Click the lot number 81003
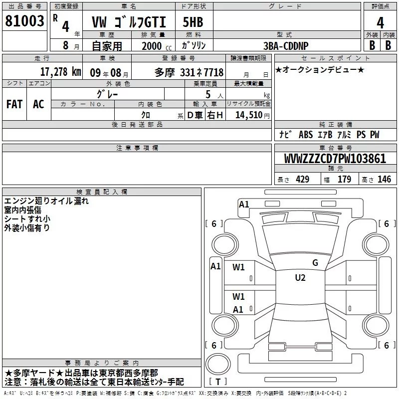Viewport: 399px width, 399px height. tap(24, 21)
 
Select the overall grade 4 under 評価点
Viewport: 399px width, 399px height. tap(380, 22)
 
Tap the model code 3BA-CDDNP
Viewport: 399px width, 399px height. tap(286, 46)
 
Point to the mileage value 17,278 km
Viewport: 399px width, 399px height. tap(60, 71)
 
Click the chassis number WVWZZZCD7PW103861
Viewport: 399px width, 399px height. tap(335, 158)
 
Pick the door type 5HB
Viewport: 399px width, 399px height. tap(193, 22)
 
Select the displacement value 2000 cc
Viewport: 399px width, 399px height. tap(157, 46)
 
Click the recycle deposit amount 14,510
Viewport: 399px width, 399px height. tap(249, 115)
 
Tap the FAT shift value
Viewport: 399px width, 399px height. tap(14, 104)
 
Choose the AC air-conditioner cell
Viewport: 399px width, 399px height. tap(38, 104)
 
